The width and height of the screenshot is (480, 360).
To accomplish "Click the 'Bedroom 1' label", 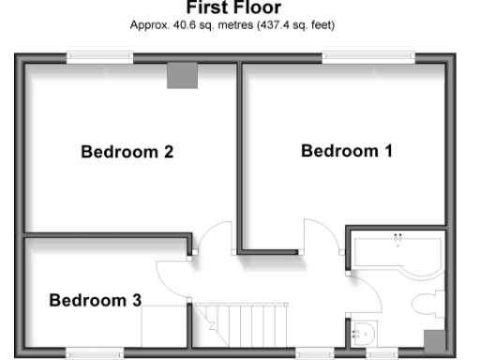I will (346, 151).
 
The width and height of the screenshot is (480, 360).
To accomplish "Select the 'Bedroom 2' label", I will (127, 151).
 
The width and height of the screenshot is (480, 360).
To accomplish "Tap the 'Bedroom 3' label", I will (95, 300).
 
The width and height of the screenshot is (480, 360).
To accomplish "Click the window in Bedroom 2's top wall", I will (100, 57).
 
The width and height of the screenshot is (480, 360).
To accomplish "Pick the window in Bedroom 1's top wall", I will (368, 57).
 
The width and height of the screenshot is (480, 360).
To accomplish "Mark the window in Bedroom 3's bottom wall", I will (94, 353).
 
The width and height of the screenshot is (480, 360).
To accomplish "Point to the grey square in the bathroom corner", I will (434, 340).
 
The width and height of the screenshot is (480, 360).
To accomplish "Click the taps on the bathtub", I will (397, 236).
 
